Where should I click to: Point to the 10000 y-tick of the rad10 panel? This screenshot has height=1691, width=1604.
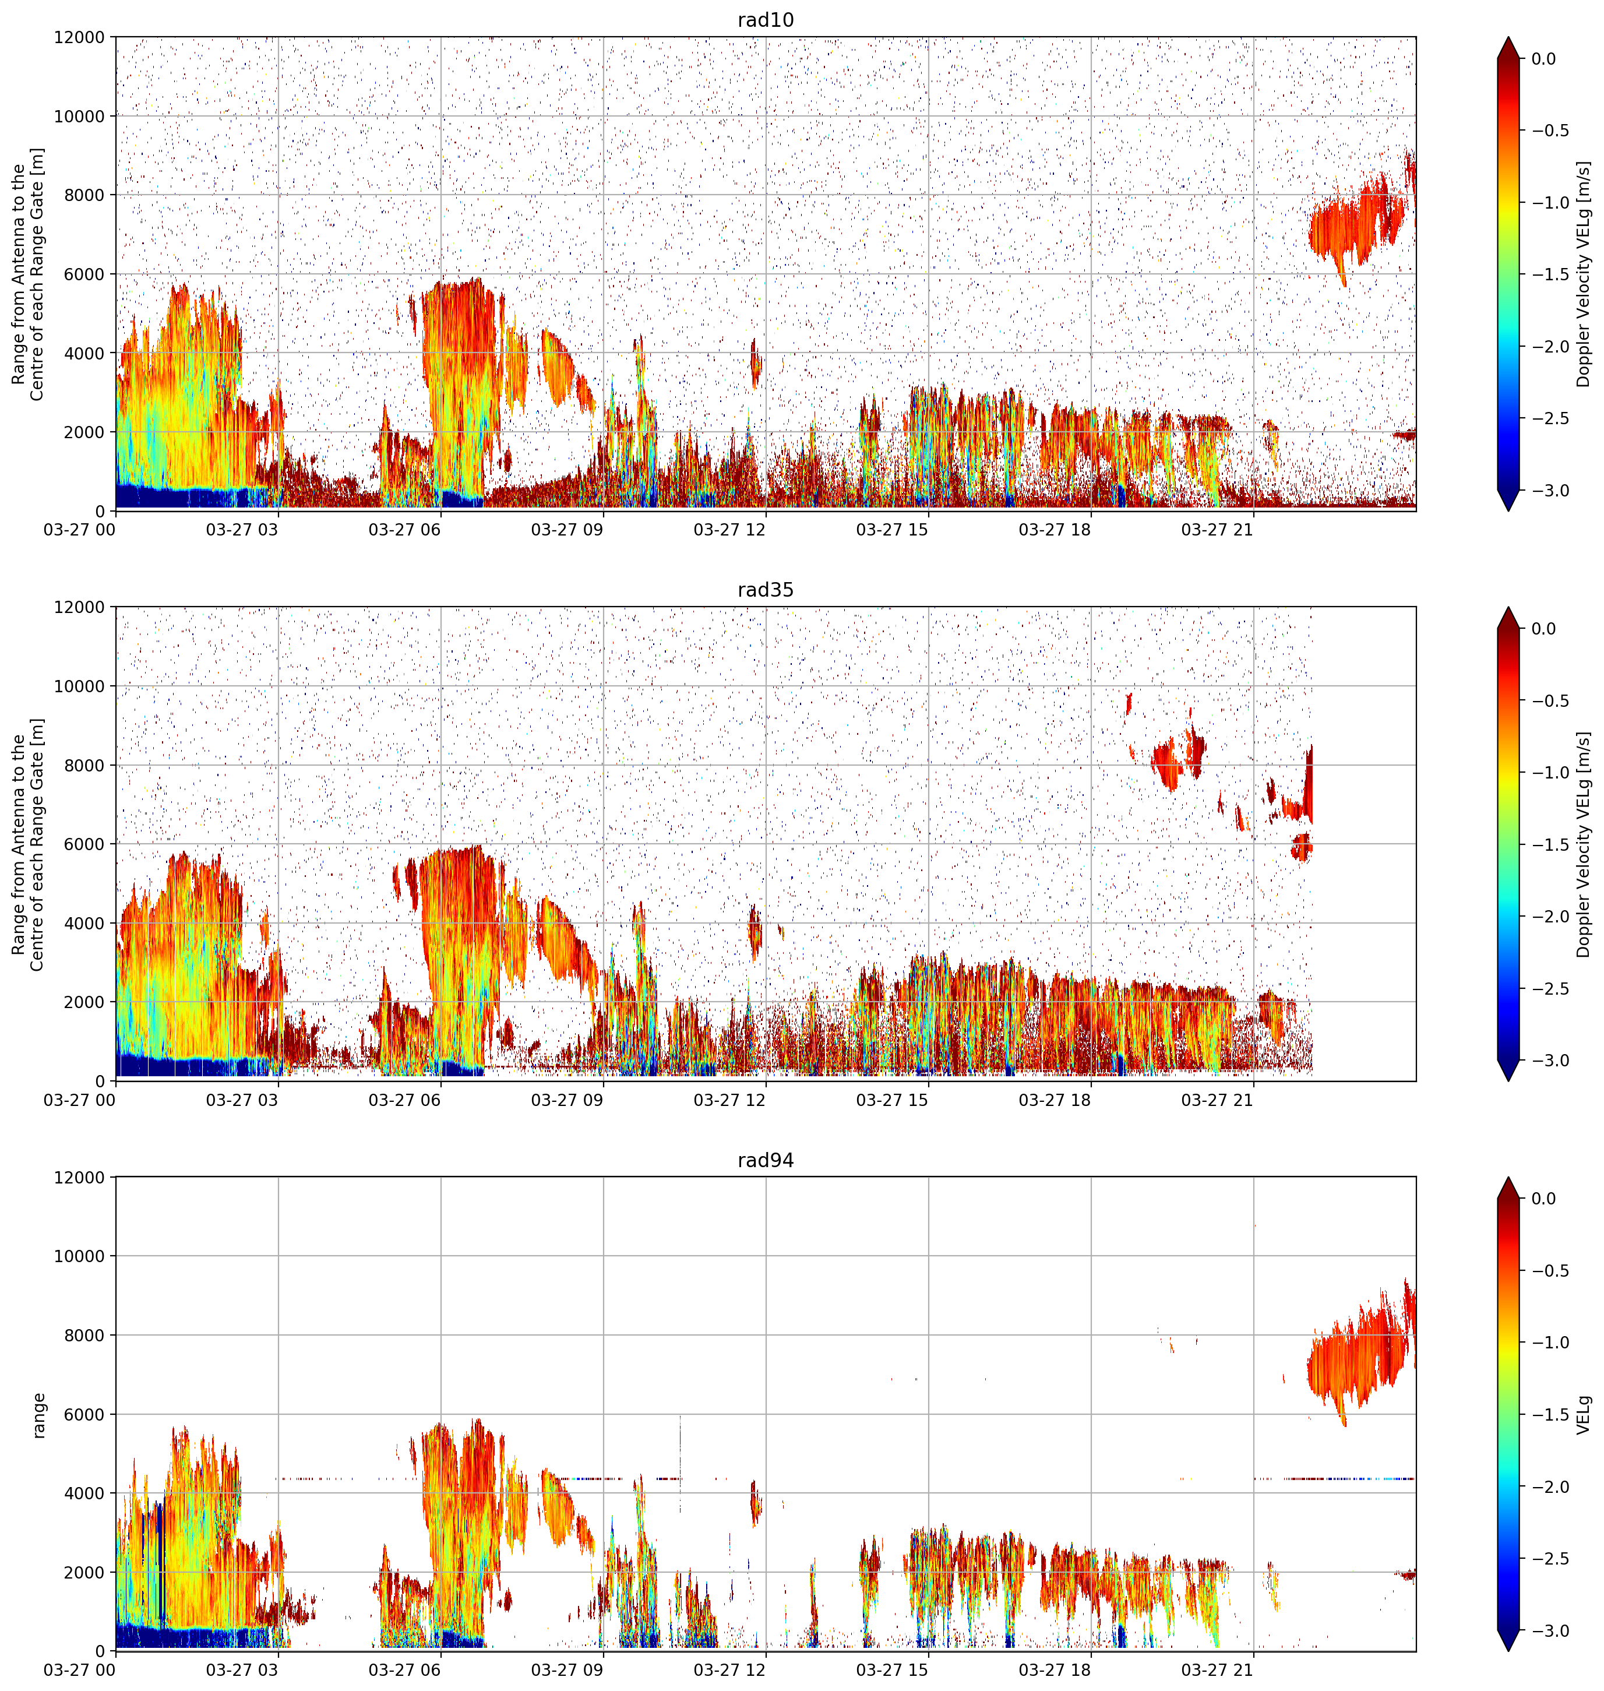pos(79,117)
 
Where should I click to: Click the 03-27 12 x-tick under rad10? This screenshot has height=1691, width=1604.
pos(729,529)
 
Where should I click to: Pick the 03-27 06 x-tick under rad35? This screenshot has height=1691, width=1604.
pos(404,1100)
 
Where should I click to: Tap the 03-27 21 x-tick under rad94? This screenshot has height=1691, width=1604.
pos(1217,1669)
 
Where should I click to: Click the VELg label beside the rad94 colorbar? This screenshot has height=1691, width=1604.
pos(1584,1414)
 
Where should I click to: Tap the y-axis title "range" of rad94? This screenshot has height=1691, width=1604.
pos(38,1415)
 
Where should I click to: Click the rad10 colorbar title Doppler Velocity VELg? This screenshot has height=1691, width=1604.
pos(1584,274)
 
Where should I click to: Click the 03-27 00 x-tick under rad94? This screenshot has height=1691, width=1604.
pos(79,1669)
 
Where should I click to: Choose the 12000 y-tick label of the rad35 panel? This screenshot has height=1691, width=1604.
pos(79,607)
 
